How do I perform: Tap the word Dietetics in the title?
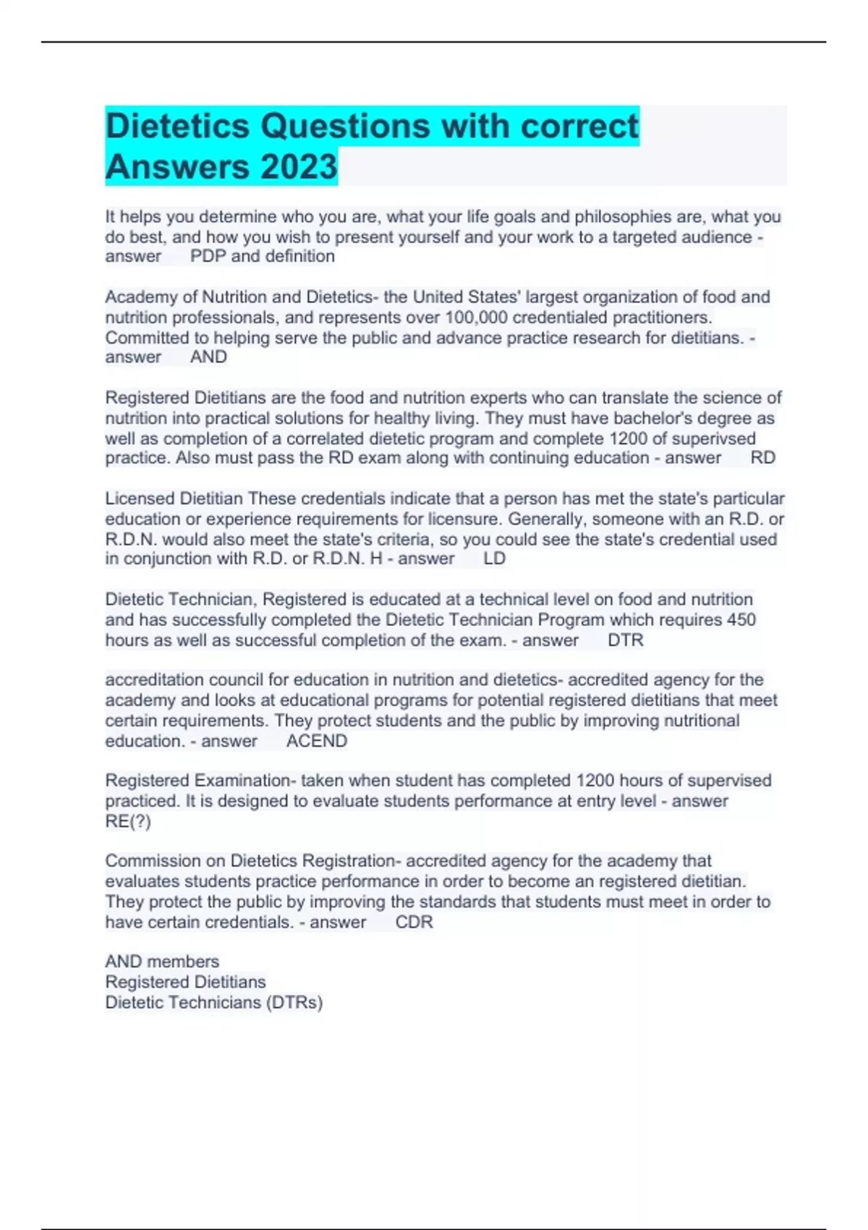coord(177,126)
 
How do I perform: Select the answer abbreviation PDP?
coord(208,256)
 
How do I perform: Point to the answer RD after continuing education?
coord(763,457)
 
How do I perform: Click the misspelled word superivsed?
coord(714,438)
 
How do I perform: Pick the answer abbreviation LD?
coord(494,559)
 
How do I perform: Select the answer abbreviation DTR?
coord(625,640)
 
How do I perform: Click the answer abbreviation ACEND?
coord(317,741)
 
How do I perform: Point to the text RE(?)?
coord(128,821)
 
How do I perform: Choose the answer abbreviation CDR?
coord(414,922)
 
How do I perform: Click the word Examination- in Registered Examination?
coord(244,781)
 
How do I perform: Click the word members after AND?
coord(184,962)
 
